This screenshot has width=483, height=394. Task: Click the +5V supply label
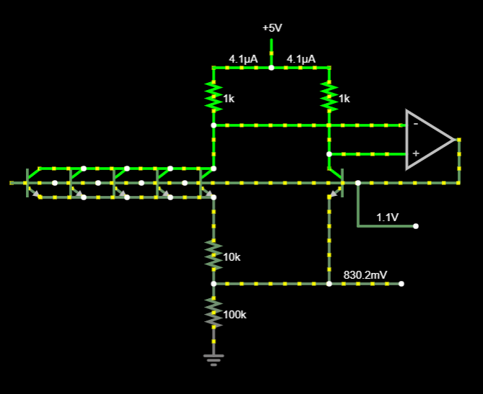coord(272,27)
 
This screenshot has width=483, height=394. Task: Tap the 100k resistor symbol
coord(213,312)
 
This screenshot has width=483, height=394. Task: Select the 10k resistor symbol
coord(213,254)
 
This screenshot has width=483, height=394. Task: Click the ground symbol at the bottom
coord(213,358)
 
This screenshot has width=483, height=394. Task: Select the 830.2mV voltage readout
coord(365,274)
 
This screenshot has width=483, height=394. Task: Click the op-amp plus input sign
coord(415,153)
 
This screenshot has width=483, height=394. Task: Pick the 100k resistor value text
coord(235,315)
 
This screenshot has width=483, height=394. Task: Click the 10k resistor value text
coord(232,257)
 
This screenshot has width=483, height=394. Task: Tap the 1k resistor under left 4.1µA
coord(213,96)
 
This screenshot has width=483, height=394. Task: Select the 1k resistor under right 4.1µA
coord(329,96)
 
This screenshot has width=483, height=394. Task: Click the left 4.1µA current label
coord(243,58)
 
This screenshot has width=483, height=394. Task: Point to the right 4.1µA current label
coord(301,58)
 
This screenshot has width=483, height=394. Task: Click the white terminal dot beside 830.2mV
coord(401,284)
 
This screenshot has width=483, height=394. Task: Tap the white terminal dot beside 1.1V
coord(415,226)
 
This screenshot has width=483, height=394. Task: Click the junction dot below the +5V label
coord(271,68)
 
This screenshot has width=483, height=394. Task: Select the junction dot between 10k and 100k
coord(213,284)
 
